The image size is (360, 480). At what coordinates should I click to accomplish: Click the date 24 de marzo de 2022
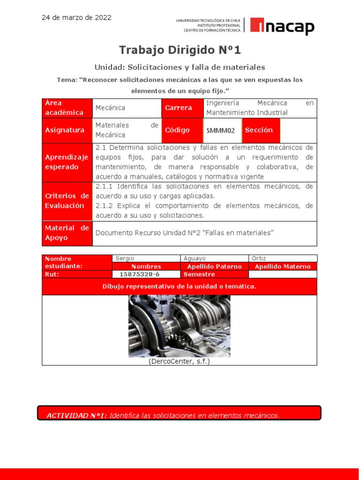point(76,18)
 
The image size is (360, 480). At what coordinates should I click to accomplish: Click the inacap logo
point(282,27)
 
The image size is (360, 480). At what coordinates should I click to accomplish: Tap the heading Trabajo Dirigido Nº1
point(180,50)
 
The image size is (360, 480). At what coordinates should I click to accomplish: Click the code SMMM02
point(222,131)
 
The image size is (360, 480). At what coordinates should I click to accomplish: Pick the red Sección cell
point(261,130)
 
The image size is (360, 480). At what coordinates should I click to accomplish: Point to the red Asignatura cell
point(67,130)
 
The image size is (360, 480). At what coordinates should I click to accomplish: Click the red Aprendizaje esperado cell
point(67,162)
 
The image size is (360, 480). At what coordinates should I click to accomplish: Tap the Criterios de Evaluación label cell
point(67,201)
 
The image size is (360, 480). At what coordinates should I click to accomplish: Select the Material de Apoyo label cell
point(67,233)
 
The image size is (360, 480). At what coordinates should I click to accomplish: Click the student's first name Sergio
point(124,258)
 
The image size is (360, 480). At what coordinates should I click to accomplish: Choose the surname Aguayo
point(195,258)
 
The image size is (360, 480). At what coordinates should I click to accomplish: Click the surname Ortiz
point(259,258)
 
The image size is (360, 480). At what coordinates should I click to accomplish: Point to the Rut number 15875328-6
point(140,274)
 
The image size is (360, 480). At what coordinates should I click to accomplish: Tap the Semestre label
point(199,274)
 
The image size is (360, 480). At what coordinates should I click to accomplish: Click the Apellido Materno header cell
point(282,266)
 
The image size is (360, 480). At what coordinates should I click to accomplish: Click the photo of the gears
point(179,326)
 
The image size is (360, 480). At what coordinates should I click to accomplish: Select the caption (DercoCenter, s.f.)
point(179,361)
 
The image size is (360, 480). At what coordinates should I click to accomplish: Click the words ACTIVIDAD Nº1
point(77,415)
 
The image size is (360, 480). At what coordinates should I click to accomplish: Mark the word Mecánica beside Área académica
point(110,108)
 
